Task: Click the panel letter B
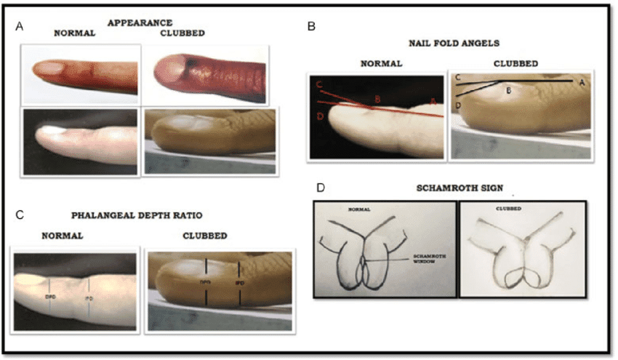point(312,26)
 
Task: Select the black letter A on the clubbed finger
point(581,83)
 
